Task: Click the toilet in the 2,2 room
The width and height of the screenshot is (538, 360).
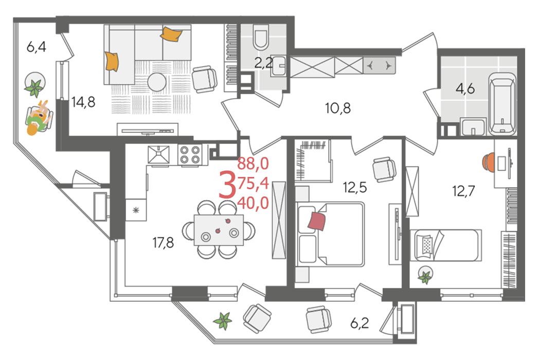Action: (x=261, y=38)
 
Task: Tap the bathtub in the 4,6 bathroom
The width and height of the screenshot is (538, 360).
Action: (x=502, y=103)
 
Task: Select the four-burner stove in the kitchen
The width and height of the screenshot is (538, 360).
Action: (x=190, y=155)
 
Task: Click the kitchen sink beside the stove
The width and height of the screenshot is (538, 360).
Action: (x=158, y=154)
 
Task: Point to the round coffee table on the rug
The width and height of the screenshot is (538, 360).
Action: (x=157, y=82)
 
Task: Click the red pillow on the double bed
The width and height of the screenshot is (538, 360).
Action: (x=317, y=221)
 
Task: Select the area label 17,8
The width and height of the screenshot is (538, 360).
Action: (x=164, y=243)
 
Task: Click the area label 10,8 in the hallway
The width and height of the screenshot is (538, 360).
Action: (x=338, y=109)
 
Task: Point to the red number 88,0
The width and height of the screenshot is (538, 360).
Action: (x=253, y=164)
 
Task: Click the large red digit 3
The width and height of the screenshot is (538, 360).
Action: (x=227, y=186)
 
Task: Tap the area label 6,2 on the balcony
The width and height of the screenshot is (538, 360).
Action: (x=360, y=323)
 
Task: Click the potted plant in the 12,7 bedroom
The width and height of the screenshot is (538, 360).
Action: (x=425, y=276)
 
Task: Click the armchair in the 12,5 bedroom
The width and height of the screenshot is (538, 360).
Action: (x=384, y=170)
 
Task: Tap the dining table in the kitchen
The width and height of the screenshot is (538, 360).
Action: (x=219, y=229)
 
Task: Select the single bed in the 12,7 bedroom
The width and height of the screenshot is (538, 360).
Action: (x=446, y=245)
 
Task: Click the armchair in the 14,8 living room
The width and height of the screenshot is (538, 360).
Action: (x=205, y=79)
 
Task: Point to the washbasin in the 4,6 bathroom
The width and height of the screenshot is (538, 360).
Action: (x=473, y=127)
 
